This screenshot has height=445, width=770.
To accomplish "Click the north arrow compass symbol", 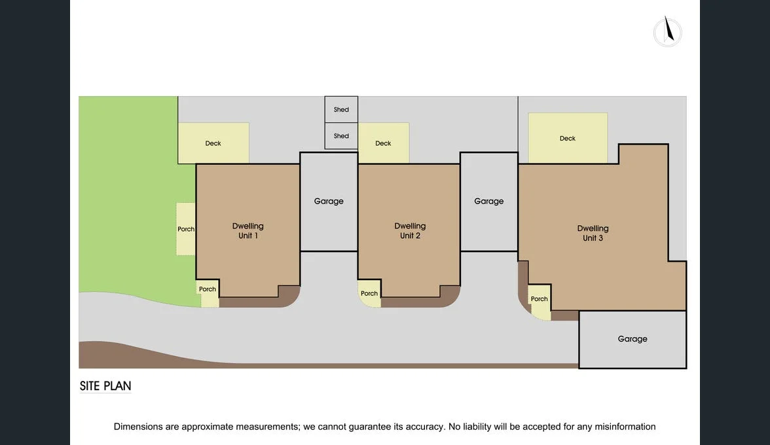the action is [x=667, y=32].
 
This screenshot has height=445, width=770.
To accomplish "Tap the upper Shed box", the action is [x=341, y=109].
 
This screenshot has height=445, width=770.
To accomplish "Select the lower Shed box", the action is [x=341, y=136].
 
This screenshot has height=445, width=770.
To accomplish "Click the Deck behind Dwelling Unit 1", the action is [x=213, y=143].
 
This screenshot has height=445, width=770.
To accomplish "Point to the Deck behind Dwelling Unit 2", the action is [x=384, y=143].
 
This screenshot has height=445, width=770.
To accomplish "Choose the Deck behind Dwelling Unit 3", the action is [x=568, y=138].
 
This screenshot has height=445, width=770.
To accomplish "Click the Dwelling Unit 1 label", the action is [x=248, y=230].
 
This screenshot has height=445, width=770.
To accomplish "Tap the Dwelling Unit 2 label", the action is [x=410, y=230].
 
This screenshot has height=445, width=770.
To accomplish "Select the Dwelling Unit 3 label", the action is [x=593, y=233].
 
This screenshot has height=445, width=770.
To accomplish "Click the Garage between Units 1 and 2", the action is [x=329, y=202].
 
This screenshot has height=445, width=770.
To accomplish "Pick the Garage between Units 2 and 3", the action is [x=488, y=202].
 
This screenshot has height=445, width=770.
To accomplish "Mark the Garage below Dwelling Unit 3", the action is [x=632, y=340].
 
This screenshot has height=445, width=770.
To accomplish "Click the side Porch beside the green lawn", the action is [x=186, y=229].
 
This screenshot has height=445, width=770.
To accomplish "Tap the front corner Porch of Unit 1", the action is [x=208, y=293].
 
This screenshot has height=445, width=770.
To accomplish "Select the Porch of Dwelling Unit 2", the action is [x=369, y=293].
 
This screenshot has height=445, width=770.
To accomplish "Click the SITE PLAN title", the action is [x=105, y=386].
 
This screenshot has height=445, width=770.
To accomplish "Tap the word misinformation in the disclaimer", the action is [x=625, y=427].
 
